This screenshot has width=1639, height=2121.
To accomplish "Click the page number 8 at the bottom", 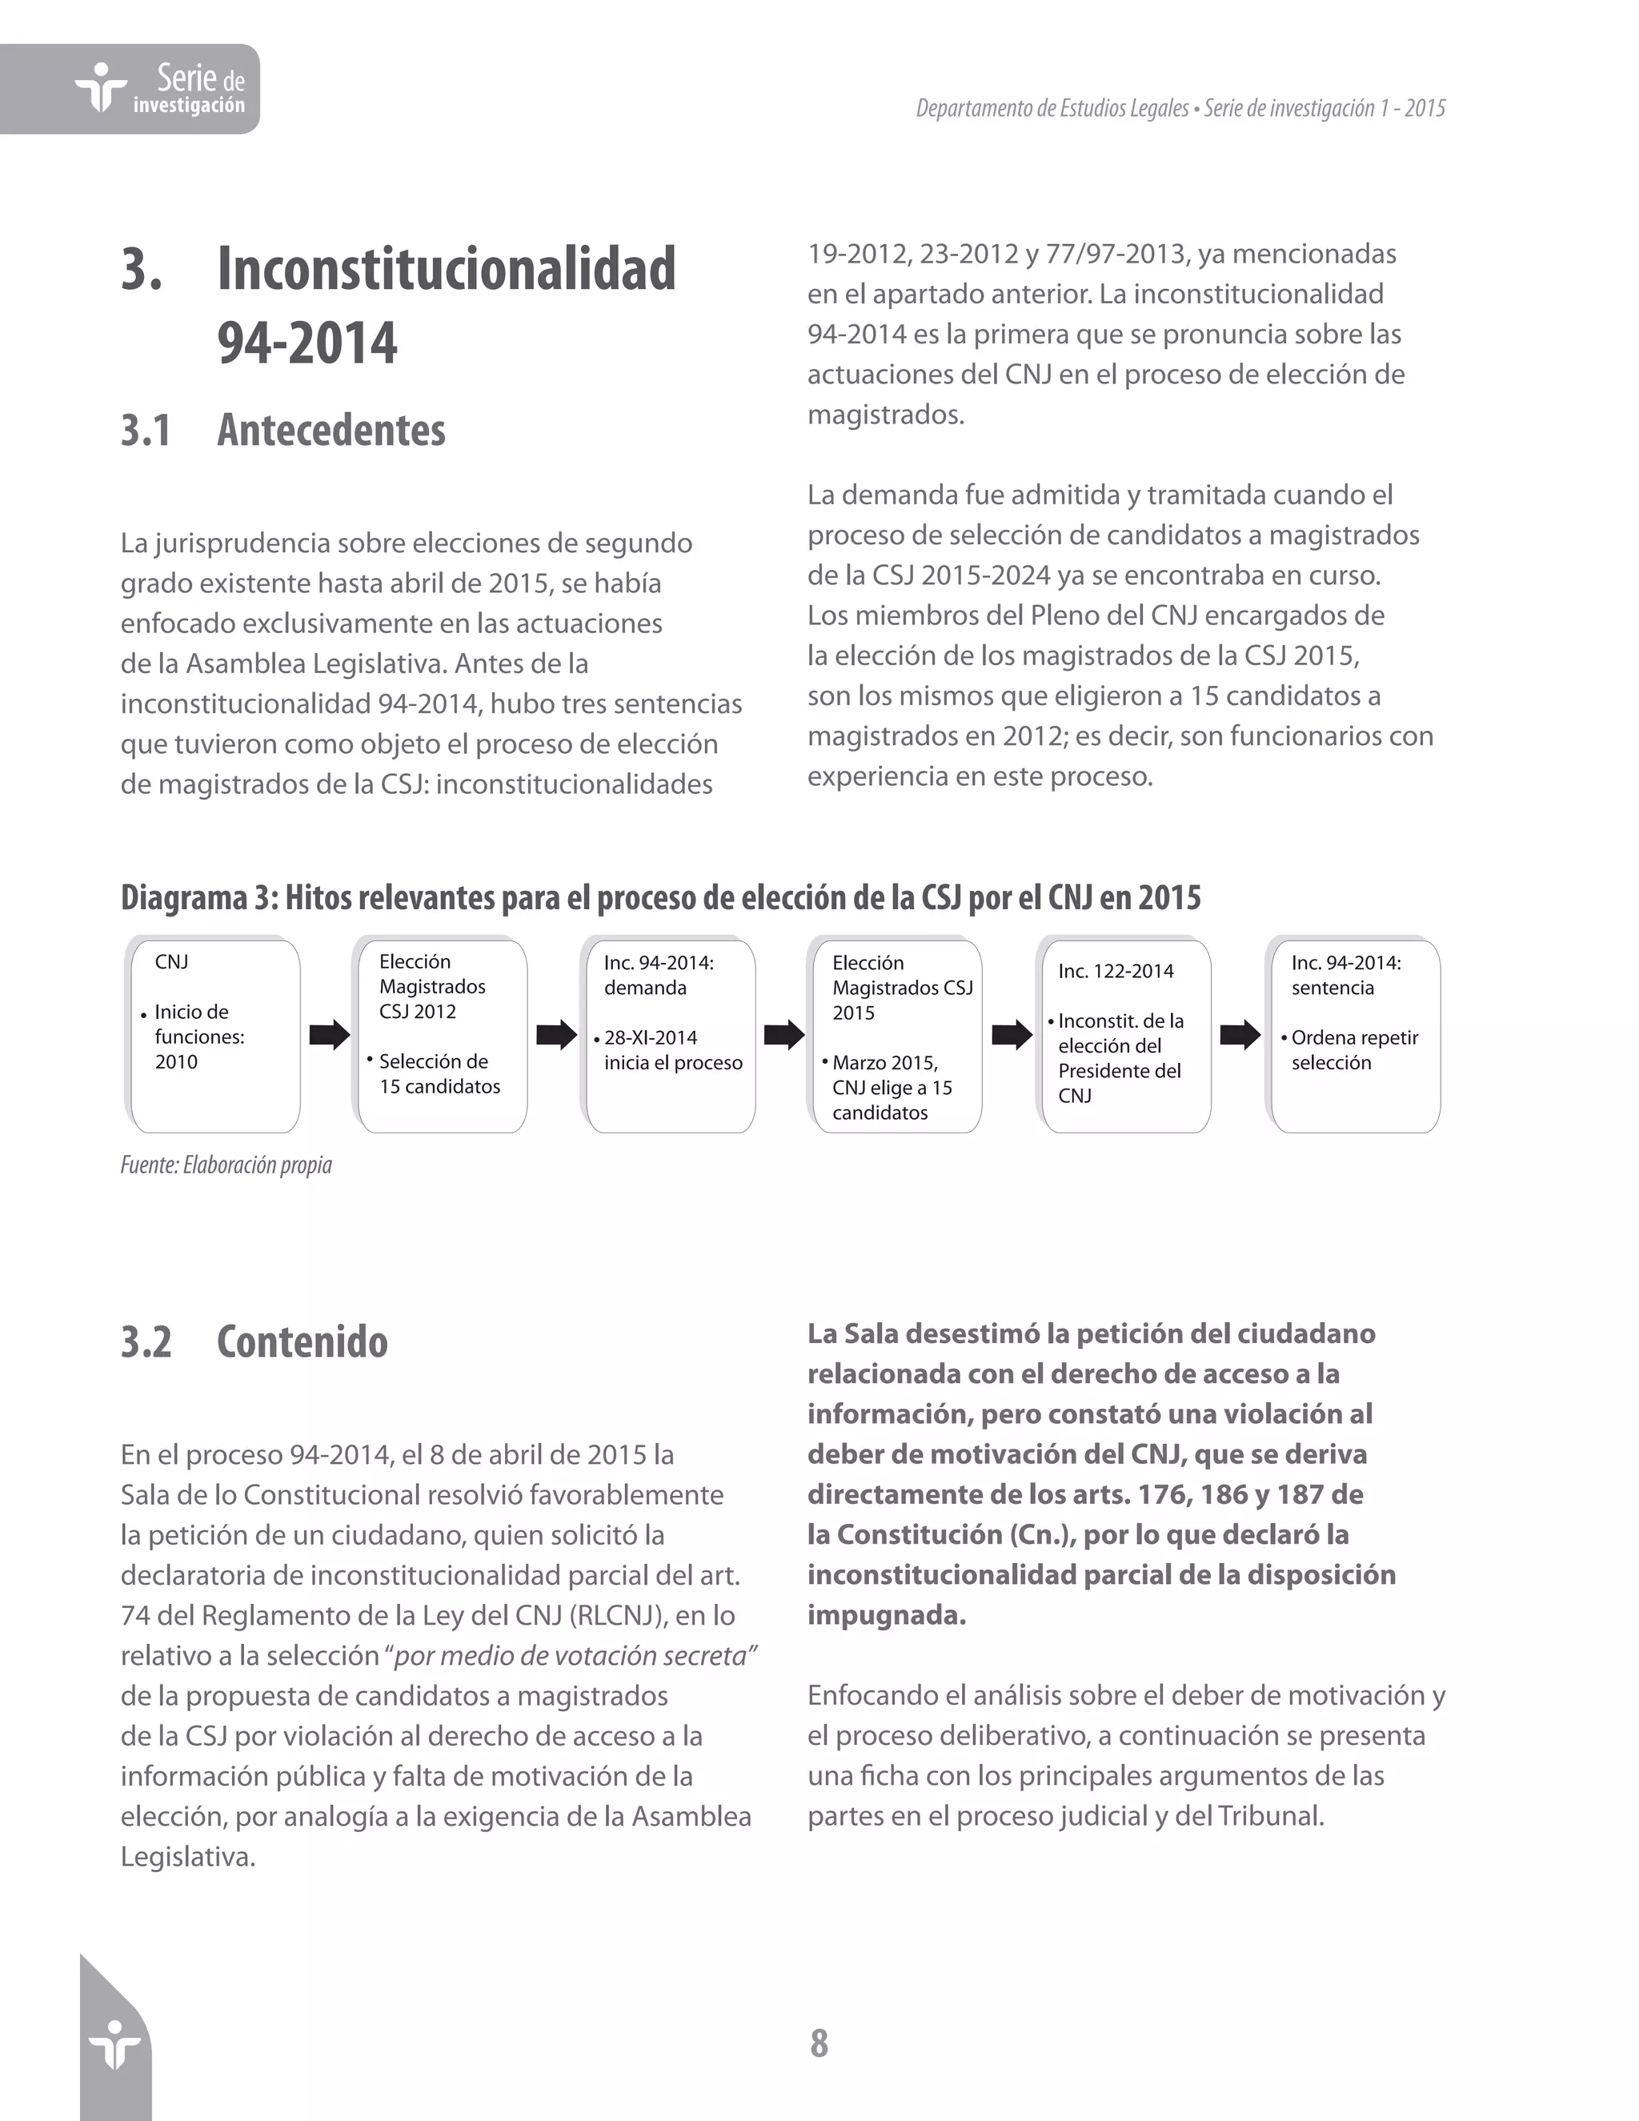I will tap(819, 2043).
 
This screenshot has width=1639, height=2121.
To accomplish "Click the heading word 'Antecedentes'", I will tap(331, 431).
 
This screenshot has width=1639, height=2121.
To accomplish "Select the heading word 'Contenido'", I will tap(302, 1341).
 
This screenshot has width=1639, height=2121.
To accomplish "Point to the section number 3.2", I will tap(146, 1341).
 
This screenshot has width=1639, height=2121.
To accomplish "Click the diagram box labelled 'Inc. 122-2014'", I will tap(1124, 1034).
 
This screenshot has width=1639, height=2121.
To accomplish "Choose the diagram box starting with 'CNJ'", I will tap(213, 1034).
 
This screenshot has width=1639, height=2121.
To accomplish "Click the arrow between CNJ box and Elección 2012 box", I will tap(328, 1034).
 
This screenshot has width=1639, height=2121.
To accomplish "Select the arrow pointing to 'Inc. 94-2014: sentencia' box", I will tap(1239, 1034).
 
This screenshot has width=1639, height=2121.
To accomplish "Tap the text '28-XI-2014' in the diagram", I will tap(650, 1037).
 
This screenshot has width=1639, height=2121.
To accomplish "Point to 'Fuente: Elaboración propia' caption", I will tap(226, 1165).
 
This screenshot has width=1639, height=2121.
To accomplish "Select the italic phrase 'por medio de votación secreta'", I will tap(575, 1655).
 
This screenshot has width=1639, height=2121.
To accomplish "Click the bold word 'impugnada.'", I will tap(887, 1615).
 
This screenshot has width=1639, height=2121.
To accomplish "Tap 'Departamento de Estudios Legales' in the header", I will tap(1052, 108).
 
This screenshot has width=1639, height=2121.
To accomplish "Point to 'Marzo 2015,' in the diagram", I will tap(884, 1062).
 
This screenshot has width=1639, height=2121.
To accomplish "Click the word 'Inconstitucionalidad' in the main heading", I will tap(446, 269).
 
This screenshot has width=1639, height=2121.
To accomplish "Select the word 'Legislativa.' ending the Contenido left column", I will tap(187, 1857).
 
